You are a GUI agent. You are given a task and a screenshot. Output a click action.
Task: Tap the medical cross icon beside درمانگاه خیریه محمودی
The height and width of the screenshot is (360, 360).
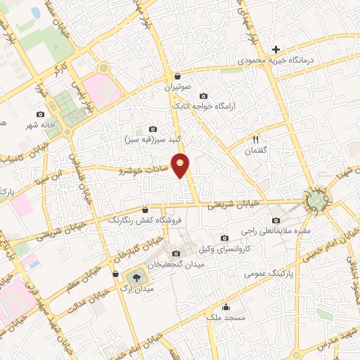pos(276,49)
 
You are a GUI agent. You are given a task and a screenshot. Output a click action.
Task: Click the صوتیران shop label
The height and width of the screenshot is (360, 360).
pos(178,87)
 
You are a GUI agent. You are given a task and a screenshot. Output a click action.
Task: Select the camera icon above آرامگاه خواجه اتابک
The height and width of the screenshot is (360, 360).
pos(204,96)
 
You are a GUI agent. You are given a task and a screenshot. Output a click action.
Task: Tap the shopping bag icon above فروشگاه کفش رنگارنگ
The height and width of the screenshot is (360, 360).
pos(146,209)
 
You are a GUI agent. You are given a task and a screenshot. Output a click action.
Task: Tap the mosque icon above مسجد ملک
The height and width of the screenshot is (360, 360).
pos(226,307)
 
